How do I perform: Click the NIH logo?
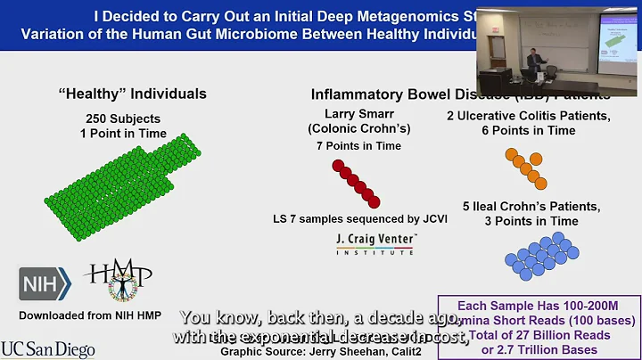point(45,283)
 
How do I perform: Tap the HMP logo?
point(119,285)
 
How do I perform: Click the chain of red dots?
point(357,183)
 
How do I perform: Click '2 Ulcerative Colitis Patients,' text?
point(523,115)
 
